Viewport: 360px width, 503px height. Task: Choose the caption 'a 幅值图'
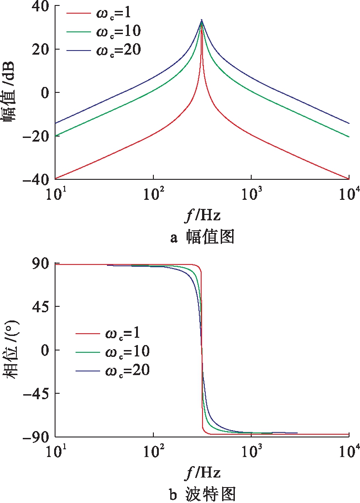[x=202, y=237]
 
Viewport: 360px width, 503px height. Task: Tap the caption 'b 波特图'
[x=202, y=493]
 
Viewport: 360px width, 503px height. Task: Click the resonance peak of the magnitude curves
[x=202, y=20]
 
